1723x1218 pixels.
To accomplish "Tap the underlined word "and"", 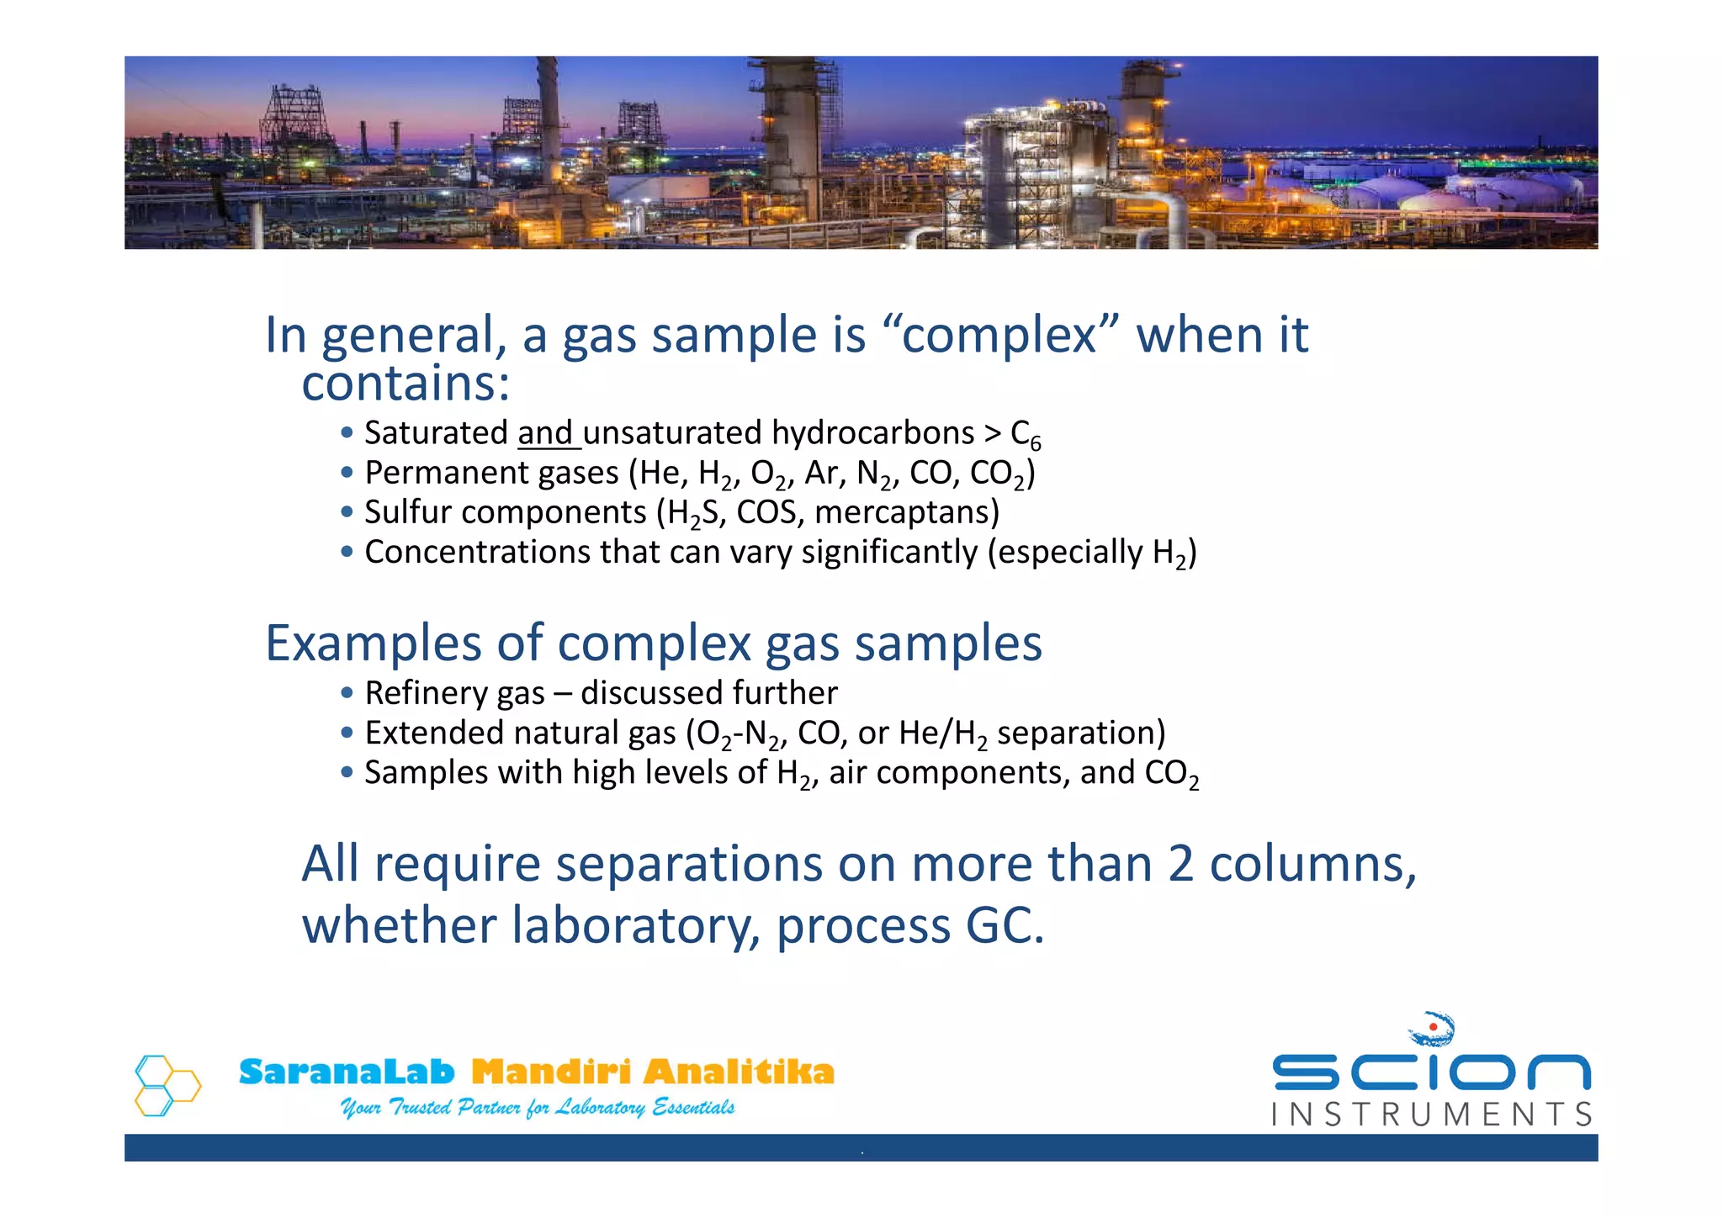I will (545, 433).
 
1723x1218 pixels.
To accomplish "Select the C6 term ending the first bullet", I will (1026, 435).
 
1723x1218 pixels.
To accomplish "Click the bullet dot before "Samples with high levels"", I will (347, 772).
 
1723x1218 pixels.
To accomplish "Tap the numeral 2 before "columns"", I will (1180, 864).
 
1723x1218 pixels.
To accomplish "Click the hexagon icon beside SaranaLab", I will (167, 1085).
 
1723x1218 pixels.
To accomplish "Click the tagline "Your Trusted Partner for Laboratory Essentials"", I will (537, 1108).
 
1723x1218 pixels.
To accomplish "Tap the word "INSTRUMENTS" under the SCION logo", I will (1431, 1115).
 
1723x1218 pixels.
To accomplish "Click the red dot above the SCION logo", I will (1433, 1027).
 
